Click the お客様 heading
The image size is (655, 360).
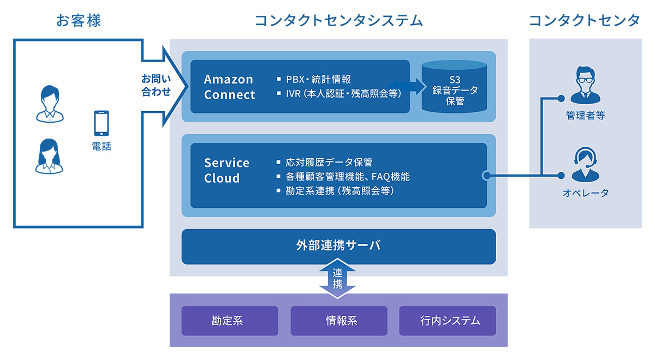(79, 21)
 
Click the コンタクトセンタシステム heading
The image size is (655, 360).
(338, 21)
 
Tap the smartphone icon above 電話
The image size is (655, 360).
(102, 123)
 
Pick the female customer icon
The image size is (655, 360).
(50, 155)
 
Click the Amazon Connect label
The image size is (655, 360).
(229, 87)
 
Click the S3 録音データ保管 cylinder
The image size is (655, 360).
(454, 87)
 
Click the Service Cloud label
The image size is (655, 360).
(227, 170)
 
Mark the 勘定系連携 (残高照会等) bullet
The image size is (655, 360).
(338, 191)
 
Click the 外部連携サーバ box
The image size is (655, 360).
(338, 246)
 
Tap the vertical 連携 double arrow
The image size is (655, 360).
(338, 278)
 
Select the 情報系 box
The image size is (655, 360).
(338, 320)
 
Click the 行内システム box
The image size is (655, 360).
(448, 320)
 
